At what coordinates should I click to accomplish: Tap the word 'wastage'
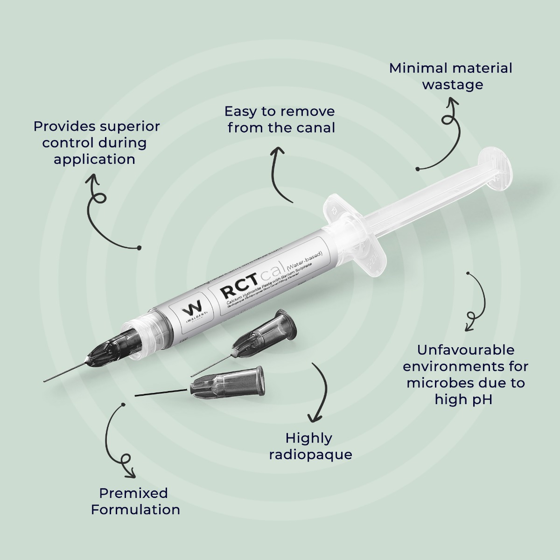tap(453, 85)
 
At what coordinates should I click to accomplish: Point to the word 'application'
tap(94, 159)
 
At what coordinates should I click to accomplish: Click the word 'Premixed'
tap(133, 493)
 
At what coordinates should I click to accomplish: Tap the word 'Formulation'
tap(135, 510)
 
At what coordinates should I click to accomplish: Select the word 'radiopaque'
tap(311, 455)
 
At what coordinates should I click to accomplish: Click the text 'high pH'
tap(463, 399)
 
